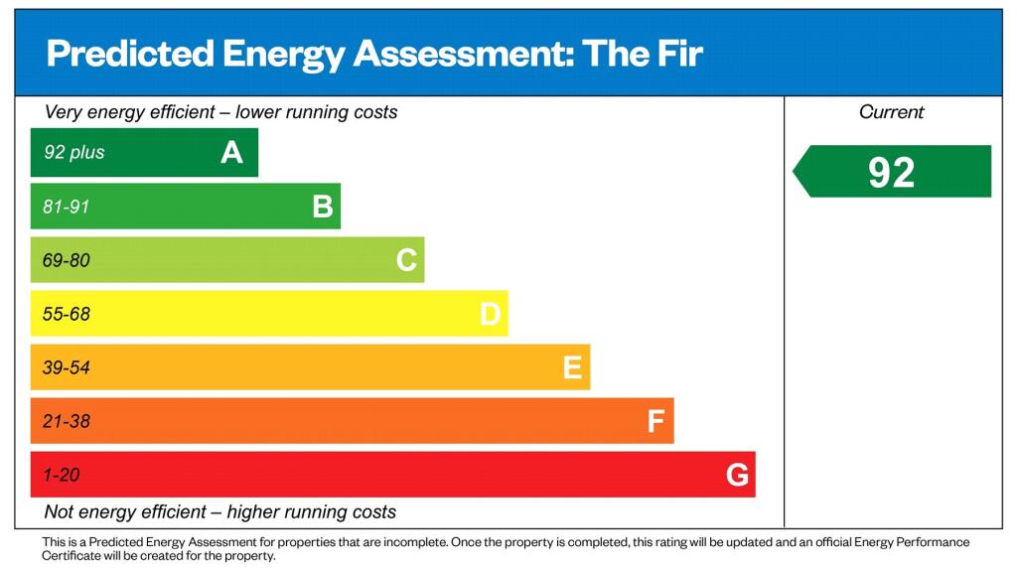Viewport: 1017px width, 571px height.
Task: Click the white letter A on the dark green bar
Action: point(231,153)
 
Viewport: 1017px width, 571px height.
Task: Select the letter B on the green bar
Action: point(322,207)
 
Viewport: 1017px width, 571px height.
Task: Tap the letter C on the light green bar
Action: point(406,260)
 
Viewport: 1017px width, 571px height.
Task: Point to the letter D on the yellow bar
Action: point(490,315)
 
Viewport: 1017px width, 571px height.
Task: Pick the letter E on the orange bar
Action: point(572,368)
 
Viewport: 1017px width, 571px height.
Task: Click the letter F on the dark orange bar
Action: point(655,422)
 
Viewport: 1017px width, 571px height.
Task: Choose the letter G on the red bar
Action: point(737,476)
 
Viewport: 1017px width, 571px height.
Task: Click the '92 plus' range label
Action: point(73,153)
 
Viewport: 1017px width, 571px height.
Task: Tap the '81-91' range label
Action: point(67,207)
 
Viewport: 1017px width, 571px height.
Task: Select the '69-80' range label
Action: point(67,260)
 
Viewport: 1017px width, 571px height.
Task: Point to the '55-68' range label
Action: point(67,315)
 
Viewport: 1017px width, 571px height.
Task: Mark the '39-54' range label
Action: point(67,368)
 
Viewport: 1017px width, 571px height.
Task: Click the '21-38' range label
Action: point(67,422)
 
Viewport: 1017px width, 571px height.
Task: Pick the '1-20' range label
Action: point(62,476)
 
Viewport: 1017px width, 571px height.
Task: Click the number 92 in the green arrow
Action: point(891,172)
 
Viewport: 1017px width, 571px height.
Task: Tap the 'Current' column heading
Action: point(891,112)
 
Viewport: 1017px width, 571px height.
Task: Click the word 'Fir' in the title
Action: point(677,54)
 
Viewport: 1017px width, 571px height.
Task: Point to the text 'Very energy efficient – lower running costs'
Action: point(220,112)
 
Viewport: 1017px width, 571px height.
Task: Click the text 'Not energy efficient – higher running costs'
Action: point(220,512)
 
